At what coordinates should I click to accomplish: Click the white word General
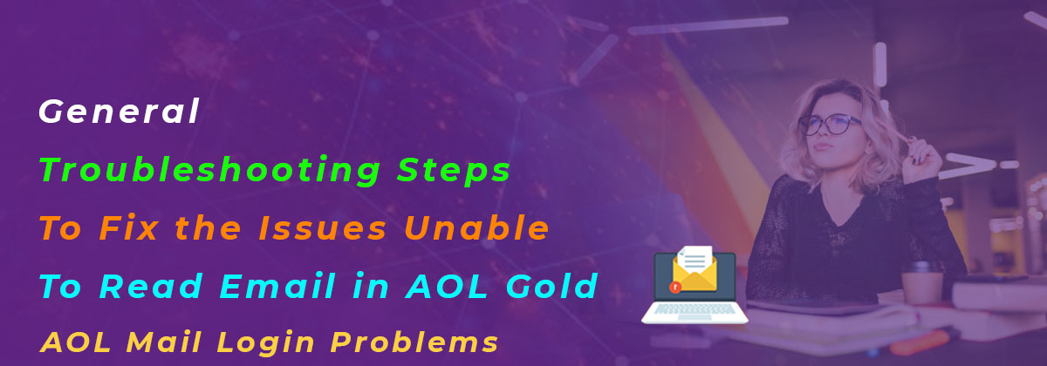click(x=120, y=112)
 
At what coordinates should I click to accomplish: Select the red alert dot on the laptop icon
click(x=674, y=285)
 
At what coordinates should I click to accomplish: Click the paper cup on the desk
click(x=921, y=281)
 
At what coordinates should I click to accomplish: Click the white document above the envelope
click(x=695, y=257)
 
